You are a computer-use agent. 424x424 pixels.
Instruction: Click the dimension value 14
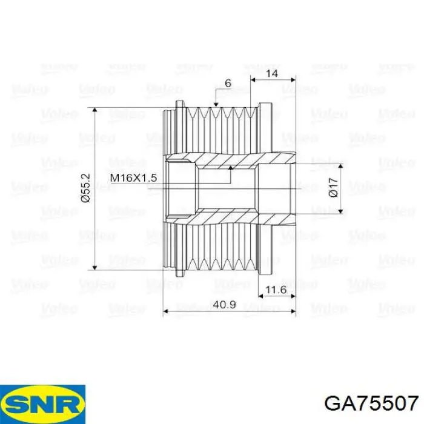[273, 73]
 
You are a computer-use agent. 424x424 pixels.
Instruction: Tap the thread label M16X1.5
[133, 177]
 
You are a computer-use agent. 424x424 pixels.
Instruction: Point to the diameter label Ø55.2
[85, 188]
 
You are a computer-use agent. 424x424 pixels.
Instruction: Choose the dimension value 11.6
[276, 290]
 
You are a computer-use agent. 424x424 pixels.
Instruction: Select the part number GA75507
[371, 402]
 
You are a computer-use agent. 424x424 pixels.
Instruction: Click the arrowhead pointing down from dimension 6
[216, 105]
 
